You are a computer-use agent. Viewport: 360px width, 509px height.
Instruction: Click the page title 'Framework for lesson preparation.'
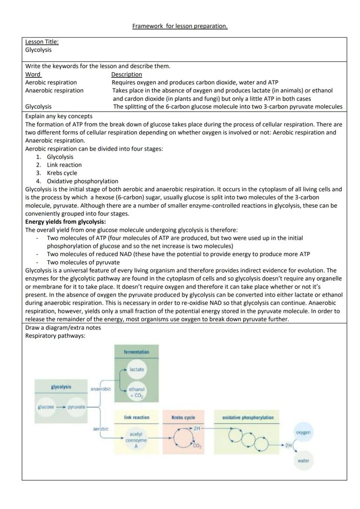[180, 26]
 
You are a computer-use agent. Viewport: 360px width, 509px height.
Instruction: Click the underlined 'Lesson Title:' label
[42, 42]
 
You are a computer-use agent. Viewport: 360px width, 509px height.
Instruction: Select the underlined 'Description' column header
[127, 74]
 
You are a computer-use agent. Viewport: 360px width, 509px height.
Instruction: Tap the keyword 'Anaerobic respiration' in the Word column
[54, 90]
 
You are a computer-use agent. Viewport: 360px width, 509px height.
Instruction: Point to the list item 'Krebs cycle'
[62, 173]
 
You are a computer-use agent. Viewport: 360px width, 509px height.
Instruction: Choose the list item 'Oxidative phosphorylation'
[83, 181]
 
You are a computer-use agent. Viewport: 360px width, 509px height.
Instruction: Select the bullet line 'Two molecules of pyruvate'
[83, 262]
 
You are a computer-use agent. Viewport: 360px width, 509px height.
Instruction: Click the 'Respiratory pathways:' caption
[55, 336]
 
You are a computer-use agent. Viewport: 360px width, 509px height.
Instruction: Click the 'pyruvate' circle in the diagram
[77, 407]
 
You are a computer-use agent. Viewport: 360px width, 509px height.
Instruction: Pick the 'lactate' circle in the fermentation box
[137, 369]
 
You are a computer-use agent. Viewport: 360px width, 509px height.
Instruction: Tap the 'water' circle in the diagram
[303, 461]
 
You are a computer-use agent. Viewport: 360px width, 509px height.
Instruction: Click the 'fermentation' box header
[137, 352]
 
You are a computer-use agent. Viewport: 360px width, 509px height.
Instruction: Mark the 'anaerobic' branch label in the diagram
[101, 389]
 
